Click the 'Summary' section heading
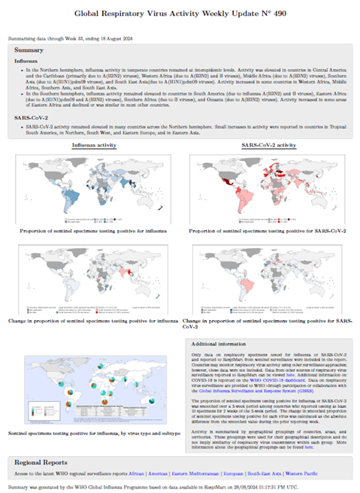[x=29, y=50]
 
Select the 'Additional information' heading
[x=222, y=343]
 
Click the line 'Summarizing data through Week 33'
[x=60, y=38]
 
